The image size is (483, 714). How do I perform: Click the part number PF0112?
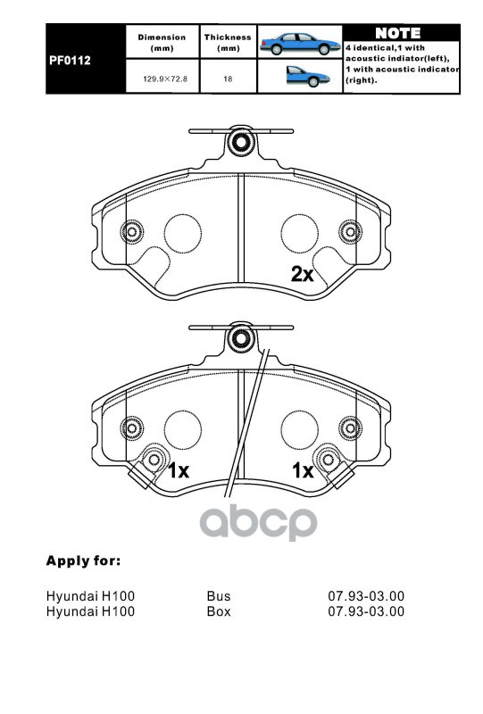pyautogui.click(x=70, y=60)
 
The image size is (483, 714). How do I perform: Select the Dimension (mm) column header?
pyautogui.click(x=162, y=42)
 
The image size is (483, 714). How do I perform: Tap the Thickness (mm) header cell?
pyautogui.click(x=228, y=42)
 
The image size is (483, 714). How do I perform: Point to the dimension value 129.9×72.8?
pyautogui.click(x=165, y=79)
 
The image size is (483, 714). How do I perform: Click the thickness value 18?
pyautogui.click(x=228, y=79)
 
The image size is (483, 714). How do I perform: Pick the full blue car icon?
pyautogui.click(x=300, y=44)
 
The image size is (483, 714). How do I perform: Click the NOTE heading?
pyautogui.click(x=398, y=33)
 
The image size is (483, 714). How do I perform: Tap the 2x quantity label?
pyautogui.click(x=303, y=274)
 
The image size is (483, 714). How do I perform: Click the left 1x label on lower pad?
pyautogui.click(x=179, y=471)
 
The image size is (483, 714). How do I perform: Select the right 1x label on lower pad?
pyautogui.click(x=303, y=471)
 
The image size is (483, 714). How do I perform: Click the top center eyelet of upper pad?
pyautogui.click(x=240, y=143)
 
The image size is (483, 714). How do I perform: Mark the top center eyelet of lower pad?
pyautogui.click(x=240, y=338)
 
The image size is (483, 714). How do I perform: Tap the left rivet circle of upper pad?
pyautogui.click(x=131, y=232)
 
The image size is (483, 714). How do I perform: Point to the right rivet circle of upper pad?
pyautogui.click(x=350, y=232)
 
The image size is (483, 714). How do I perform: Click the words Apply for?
pyautogui.click(x=83, y=560)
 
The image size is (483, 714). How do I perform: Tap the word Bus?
pyautogui.click(x=219, y=595)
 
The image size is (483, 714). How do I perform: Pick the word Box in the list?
pyautogui.click(x=219, y=610)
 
